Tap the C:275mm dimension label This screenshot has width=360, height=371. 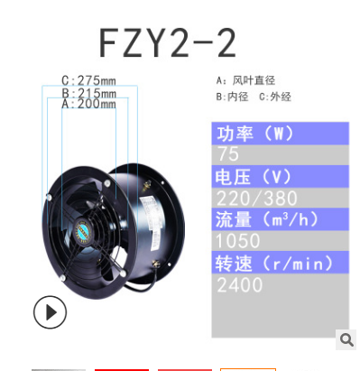tap(88, 79)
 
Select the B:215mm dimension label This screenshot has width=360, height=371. tap(88, 92)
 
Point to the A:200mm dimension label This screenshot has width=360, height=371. tap(88, 105)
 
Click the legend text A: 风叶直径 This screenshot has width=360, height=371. tap(245, 79)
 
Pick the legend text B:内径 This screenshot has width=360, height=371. tap(233, 96)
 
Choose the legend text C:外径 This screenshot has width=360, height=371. tap(273, 96)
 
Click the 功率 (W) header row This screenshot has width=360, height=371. tap(280, 134)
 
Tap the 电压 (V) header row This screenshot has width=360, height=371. tap(280, 176)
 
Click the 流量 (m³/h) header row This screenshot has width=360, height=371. tap(280, 219)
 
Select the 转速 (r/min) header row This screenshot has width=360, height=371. tap(280, 263)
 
